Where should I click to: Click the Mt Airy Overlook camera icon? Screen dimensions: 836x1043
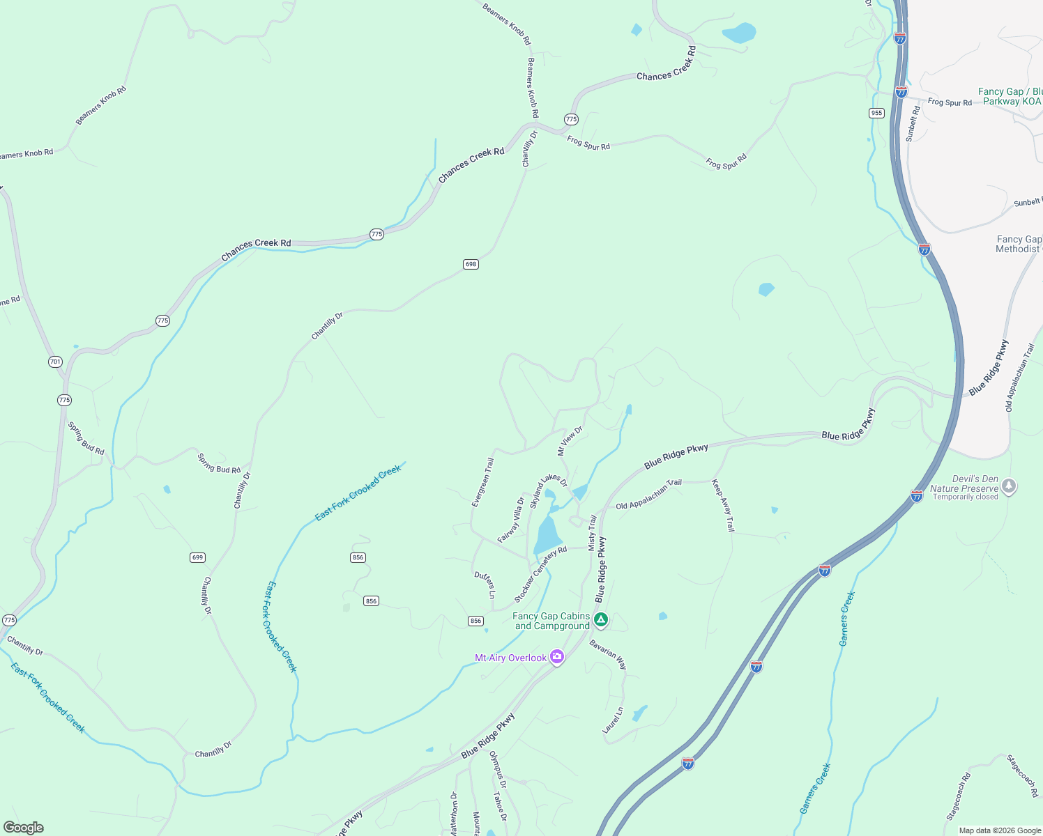(x=556, y=657)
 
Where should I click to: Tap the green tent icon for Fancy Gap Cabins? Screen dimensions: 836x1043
(x=601, y=619)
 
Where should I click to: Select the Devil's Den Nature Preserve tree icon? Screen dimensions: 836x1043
(x=1009, y=486)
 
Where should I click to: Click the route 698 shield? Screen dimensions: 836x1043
(x=471, y=264)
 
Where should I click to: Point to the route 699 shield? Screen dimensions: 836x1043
(x=197, y=557)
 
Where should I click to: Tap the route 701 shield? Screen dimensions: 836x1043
(x=55, y=362)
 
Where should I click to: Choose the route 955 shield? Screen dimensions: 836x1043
(x=876, y=113)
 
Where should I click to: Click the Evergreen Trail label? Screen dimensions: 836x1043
(x=482, y=482)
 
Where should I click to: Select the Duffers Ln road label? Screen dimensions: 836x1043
(x=485, y=585)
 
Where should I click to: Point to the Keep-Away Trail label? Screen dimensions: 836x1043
(x=723, y=505)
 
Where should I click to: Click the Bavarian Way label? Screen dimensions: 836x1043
(x=608, y=654)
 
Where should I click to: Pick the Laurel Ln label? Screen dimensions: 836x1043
(x=613, y=720)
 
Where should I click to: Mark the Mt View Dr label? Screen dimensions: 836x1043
(x=570, y=441)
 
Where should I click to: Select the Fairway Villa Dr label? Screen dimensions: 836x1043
(x=511, y=520)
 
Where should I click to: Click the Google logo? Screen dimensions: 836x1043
(x=23, y=827)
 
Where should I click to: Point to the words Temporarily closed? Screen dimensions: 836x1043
(x=965, y=497)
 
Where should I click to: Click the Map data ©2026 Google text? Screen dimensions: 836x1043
(x=1000, y=830)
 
